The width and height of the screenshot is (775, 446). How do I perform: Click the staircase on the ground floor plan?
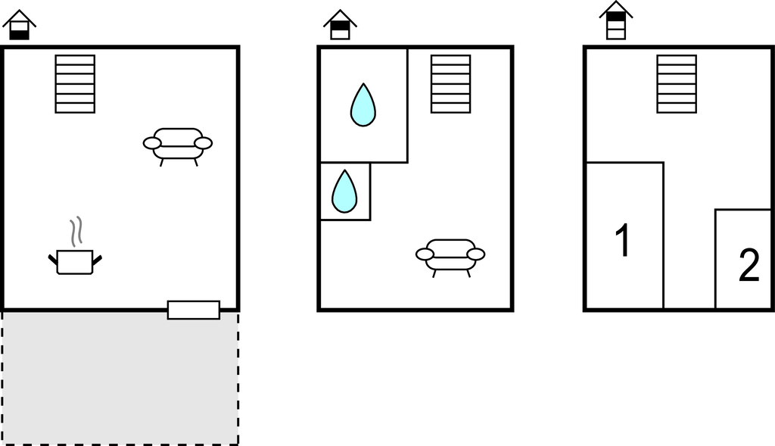coord(75,84)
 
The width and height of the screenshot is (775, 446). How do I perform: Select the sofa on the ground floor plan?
coord(178,144)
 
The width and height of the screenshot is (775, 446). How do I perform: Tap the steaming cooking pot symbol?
coord(75,261)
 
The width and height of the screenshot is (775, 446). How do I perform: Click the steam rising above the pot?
coord(75,232)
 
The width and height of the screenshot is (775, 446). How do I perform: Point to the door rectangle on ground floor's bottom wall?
coord(194,310)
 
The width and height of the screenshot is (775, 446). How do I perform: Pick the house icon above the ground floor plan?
coord(20,25)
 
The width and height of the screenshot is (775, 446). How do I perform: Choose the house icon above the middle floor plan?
coord(341,25)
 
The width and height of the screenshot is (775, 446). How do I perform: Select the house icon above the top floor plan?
coord(616,20)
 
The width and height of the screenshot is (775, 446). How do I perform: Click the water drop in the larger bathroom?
coord(363,105)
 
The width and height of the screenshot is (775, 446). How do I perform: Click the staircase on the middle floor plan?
coord(451,84)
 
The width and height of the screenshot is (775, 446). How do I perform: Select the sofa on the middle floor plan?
coord(450,255)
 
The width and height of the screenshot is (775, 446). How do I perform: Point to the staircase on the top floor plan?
coord(677,84)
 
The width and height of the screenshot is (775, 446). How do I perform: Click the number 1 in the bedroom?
coord(623,241)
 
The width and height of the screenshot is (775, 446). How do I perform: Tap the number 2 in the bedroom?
coord(749,266)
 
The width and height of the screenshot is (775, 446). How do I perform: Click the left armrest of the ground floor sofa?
coord(153,143)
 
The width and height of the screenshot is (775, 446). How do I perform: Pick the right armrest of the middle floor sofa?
coord(476,254)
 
